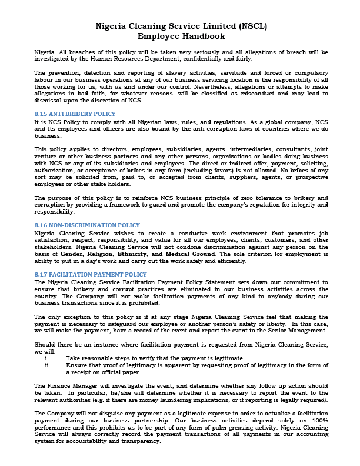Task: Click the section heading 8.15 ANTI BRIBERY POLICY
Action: [x=75, y=113]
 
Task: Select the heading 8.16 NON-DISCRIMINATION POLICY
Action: [x=87, y=225]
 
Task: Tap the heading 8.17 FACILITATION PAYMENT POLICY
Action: [x=89, y=274]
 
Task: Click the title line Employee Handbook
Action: [x=179, y=36]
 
